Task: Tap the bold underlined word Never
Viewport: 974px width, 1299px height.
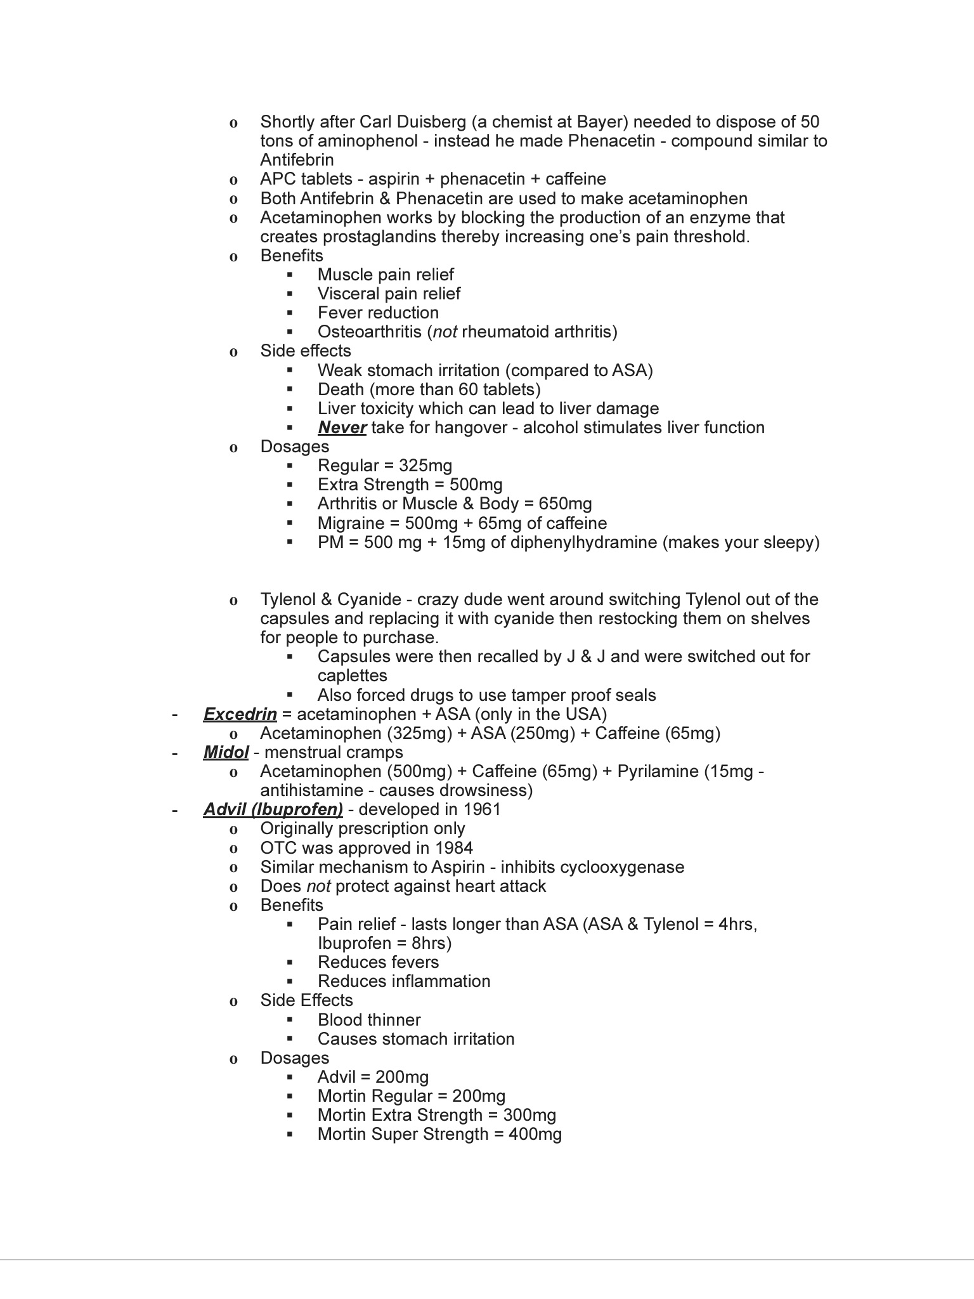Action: click(x=342, y=428)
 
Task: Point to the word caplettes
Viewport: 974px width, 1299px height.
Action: click(x=352, y=676)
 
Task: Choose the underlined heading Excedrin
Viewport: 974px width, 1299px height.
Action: click(x=240, y=714)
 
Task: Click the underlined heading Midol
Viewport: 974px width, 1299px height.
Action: click(x=226, y=752)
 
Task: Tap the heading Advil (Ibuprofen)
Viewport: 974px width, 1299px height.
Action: click(x=273, y=810)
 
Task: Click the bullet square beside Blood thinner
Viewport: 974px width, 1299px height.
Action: click(x=290, y=1020)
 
